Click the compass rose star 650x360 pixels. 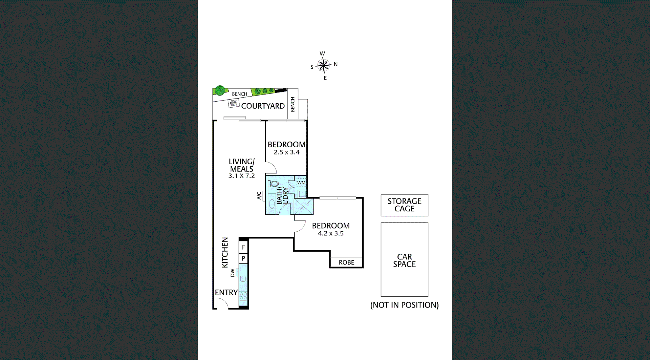click(324, 65)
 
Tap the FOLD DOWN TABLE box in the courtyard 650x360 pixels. click(234, 103)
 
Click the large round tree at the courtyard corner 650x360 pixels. click(220, 90)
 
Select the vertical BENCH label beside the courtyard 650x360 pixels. click(292, 104)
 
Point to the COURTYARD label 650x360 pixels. click(263, 106)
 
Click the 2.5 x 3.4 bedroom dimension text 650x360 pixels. click(286, 152)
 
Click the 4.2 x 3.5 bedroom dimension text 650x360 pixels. click(330, 233)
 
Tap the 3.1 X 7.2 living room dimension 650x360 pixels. click(241, 176)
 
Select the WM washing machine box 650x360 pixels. click(301, 183)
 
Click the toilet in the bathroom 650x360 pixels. click(274, 184)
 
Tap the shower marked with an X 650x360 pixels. click(303, 206)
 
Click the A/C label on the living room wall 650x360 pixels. click(259, 196)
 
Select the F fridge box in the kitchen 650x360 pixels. click(243, 247)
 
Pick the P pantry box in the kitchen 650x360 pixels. click(243, 258)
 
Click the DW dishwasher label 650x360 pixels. click(233, 273)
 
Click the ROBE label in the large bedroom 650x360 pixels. click(346, 262)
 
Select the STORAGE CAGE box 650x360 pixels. click(404, 205)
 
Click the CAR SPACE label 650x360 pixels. click(404, 260)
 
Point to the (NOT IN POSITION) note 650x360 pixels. click(404, 305)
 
